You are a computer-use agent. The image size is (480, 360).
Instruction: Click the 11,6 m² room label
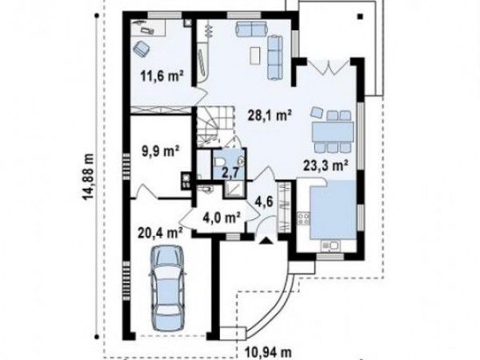pyautogui.click(x=162, y=75)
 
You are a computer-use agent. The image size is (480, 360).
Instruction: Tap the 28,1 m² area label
pyautogui.click(x=269, y=116)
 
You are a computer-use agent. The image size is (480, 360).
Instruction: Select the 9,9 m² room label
pyautogui.click(x=160, y=150)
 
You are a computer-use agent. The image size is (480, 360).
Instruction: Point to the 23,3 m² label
pyautogui.click(x=326, y=166)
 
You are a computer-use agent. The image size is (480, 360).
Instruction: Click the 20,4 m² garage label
pyautogui.click(x=160, y=234)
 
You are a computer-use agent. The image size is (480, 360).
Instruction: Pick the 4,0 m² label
pyautogui.click(x=221, y=218)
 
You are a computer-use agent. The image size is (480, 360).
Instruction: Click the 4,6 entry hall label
pyautogui.click(x=263, y=202)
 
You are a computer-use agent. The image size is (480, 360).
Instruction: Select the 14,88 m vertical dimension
pyautogui.click(x=89, y=176)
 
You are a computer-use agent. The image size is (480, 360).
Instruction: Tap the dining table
pyautogui.click(x=333, y=132)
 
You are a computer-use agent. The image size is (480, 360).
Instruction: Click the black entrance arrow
pyautogui.click(x=265, y=241)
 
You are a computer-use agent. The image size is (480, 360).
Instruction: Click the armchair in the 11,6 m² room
pyautogui.click(x=141, y=49)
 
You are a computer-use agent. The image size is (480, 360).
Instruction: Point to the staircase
pyautogui.click(x=214, y=126)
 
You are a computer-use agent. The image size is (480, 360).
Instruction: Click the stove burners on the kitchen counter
pyautogui.click(x=303, y=219)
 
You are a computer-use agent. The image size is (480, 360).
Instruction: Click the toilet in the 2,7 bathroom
pyautogui.click(x=218, y=162)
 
